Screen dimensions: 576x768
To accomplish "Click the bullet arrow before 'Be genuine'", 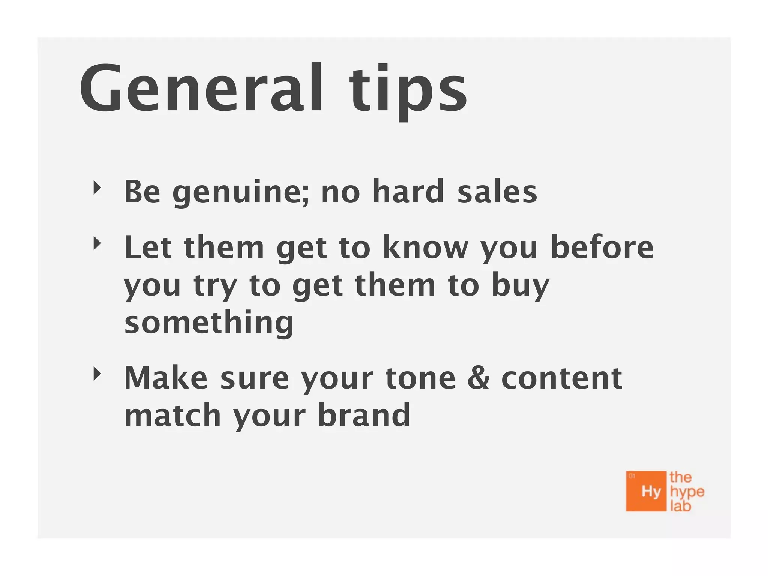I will click(x=97, y=188).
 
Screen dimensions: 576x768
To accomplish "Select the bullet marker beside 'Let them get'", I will click(x=97, y=244).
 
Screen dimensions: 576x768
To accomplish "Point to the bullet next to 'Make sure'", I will click(x=97, y=374).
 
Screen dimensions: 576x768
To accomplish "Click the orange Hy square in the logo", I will click(x=646, y=491).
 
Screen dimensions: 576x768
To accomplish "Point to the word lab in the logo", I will click(x=680, y=506).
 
